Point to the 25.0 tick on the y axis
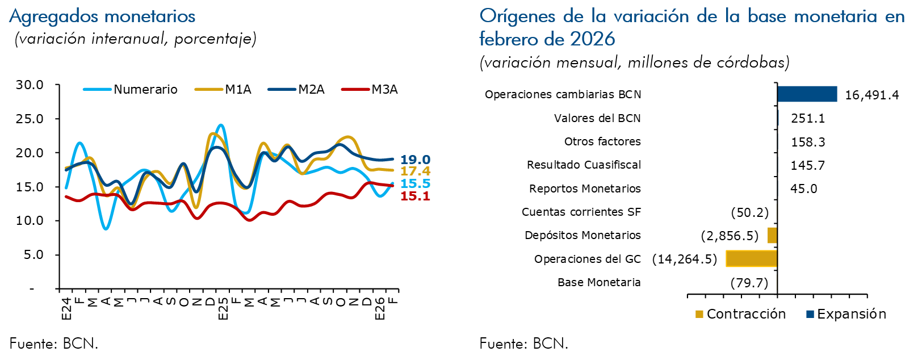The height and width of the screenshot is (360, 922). pos(30,119)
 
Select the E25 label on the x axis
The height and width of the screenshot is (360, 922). pos(223,307)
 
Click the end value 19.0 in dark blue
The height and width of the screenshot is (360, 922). pos(415,160)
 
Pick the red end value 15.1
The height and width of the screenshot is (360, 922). pos(415,196)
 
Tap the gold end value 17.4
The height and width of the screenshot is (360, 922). pos(415,171)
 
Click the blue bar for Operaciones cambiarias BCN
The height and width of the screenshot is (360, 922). pos(807,94)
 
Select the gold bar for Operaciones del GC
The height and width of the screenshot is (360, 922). pos(751,259)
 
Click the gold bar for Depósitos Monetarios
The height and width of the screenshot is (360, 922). pos(772,236)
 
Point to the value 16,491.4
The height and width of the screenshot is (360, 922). pos(871,95)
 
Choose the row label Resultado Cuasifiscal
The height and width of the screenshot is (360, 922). pos(584,165)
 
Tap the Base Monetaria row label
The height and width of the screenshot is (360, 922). pos(599,283)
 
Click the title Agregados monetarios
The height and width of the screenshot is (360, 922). pos(103,16)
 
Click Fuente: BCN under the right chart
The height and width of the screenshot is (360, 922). pos(523,344)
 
